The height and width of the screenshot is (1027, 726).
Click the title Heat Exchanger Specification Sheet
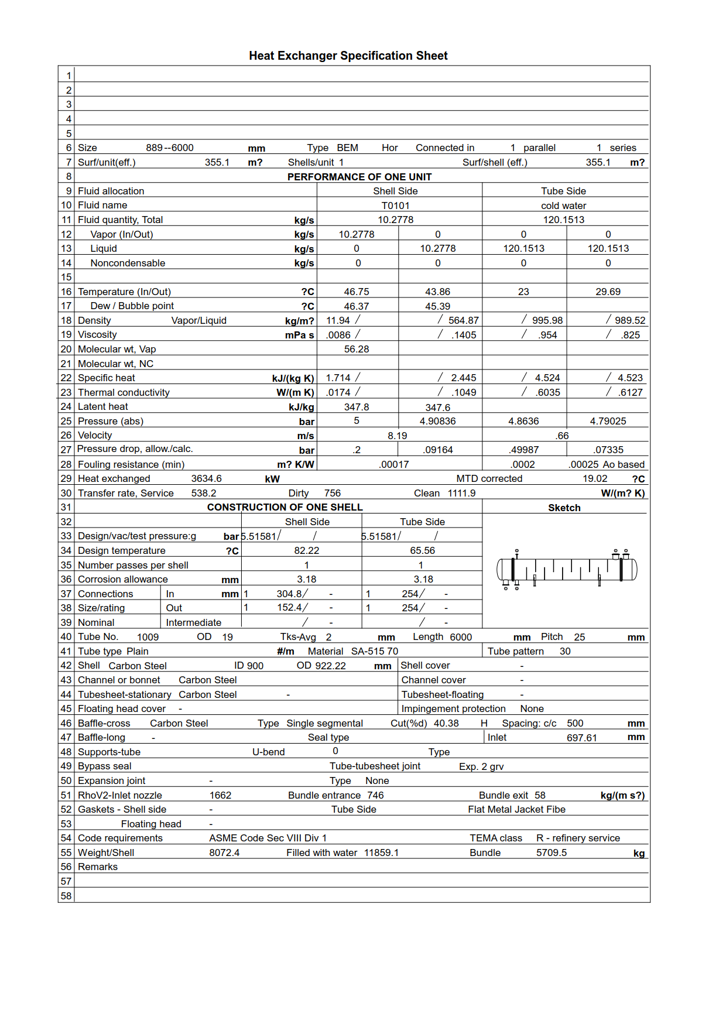348,56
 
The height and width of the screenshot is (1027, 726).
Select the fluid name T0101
395,206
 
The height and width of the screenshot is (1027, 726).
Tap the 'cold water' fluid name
563,206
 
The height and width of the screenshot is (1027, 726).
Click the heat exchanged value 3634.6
206,478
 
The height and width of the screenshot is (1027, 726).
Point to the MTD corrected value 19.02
594,478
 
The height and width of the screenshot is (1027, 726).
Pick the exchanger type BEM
347,148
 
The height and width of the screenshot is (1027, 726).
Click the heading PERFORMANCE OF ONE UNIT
359,177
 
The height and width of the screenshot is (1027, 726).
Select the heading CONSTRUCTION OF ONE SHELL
285,507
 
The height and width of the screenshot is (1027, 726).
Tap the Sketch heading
564,508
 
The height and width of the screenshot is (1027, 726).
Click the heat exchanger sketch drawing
566,569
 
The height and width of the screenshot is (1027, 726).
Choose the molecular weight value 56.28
357,349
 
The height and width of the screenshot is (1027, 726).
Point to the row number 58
66,895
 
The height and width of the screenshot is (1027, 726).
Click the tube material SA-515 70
374,651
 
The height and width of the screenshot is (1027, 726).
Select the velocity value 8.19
397,436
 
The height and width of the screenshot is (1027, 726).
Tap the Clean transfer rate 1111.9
461,493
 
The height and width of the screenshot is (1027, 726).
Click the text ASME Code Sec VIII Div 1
268,838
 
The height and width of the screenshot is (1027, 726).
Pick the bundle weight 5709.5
551,853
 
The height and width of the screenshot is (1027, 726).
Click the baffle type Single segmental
324,723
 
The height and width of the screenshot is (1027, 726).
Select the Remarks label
98,867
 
